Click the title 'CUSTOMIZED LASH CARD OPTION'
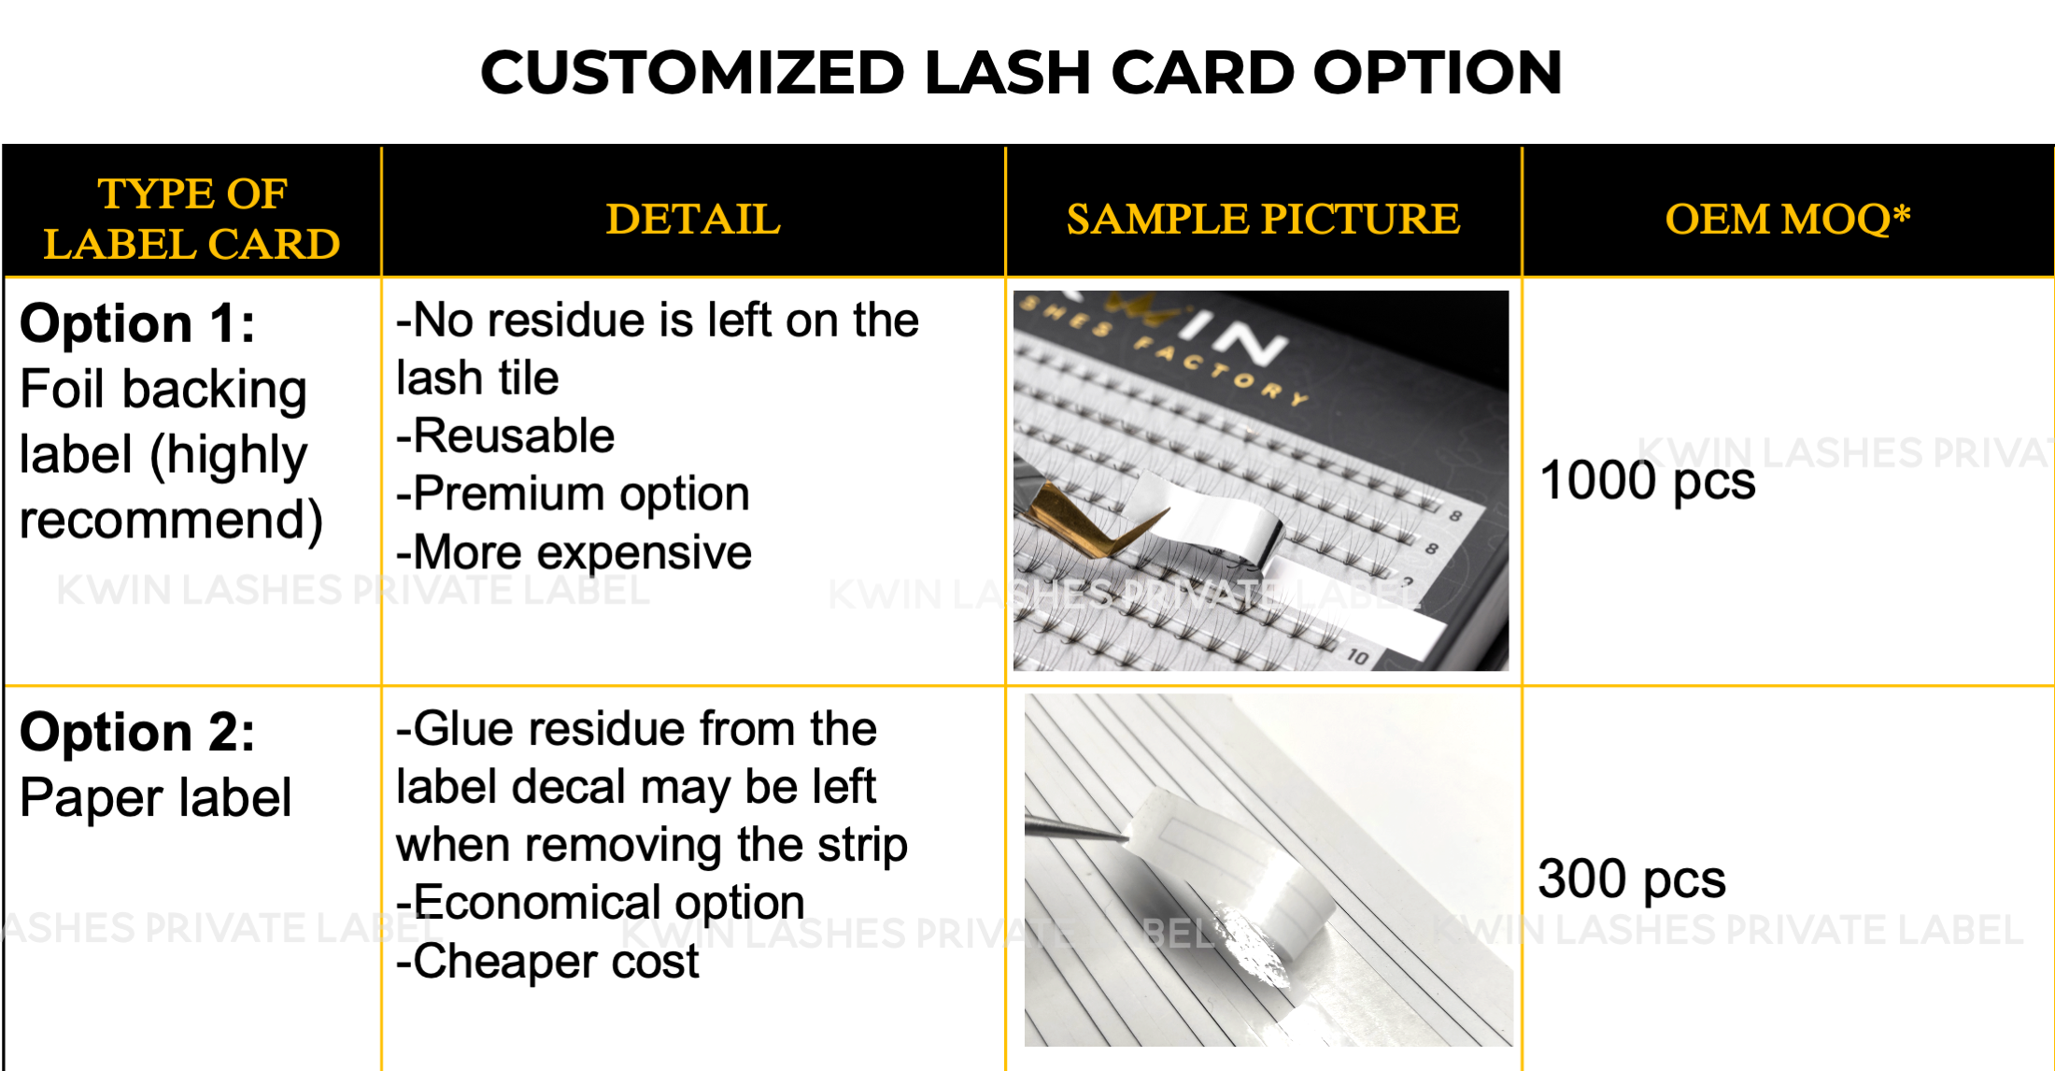[1021, 73]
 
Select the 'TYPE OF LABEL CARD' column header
[192, 219]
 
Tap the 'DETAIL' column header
[693, 220]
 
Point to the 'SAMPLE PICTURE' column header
[1263, 220]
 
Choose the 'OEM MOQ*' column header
[1788, 220]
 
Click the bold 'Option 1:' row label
[137, 323]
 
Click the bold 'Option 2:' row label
[137, 732]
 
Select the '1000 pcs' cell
[1648, 481]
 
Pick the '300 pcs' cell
[1632, 879]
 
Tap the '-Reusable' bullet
[505, 436]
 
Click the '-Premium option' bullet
[573, 494]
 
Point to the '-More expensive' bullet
[574, 552]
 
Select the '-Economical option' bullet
[600, 903]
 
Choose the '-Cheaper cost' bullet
[547, 962]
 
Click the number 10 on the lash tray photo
[1357, 657]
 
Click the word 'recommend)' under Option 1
[171, 521]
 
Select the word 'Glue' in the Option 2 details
[462, 729]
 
